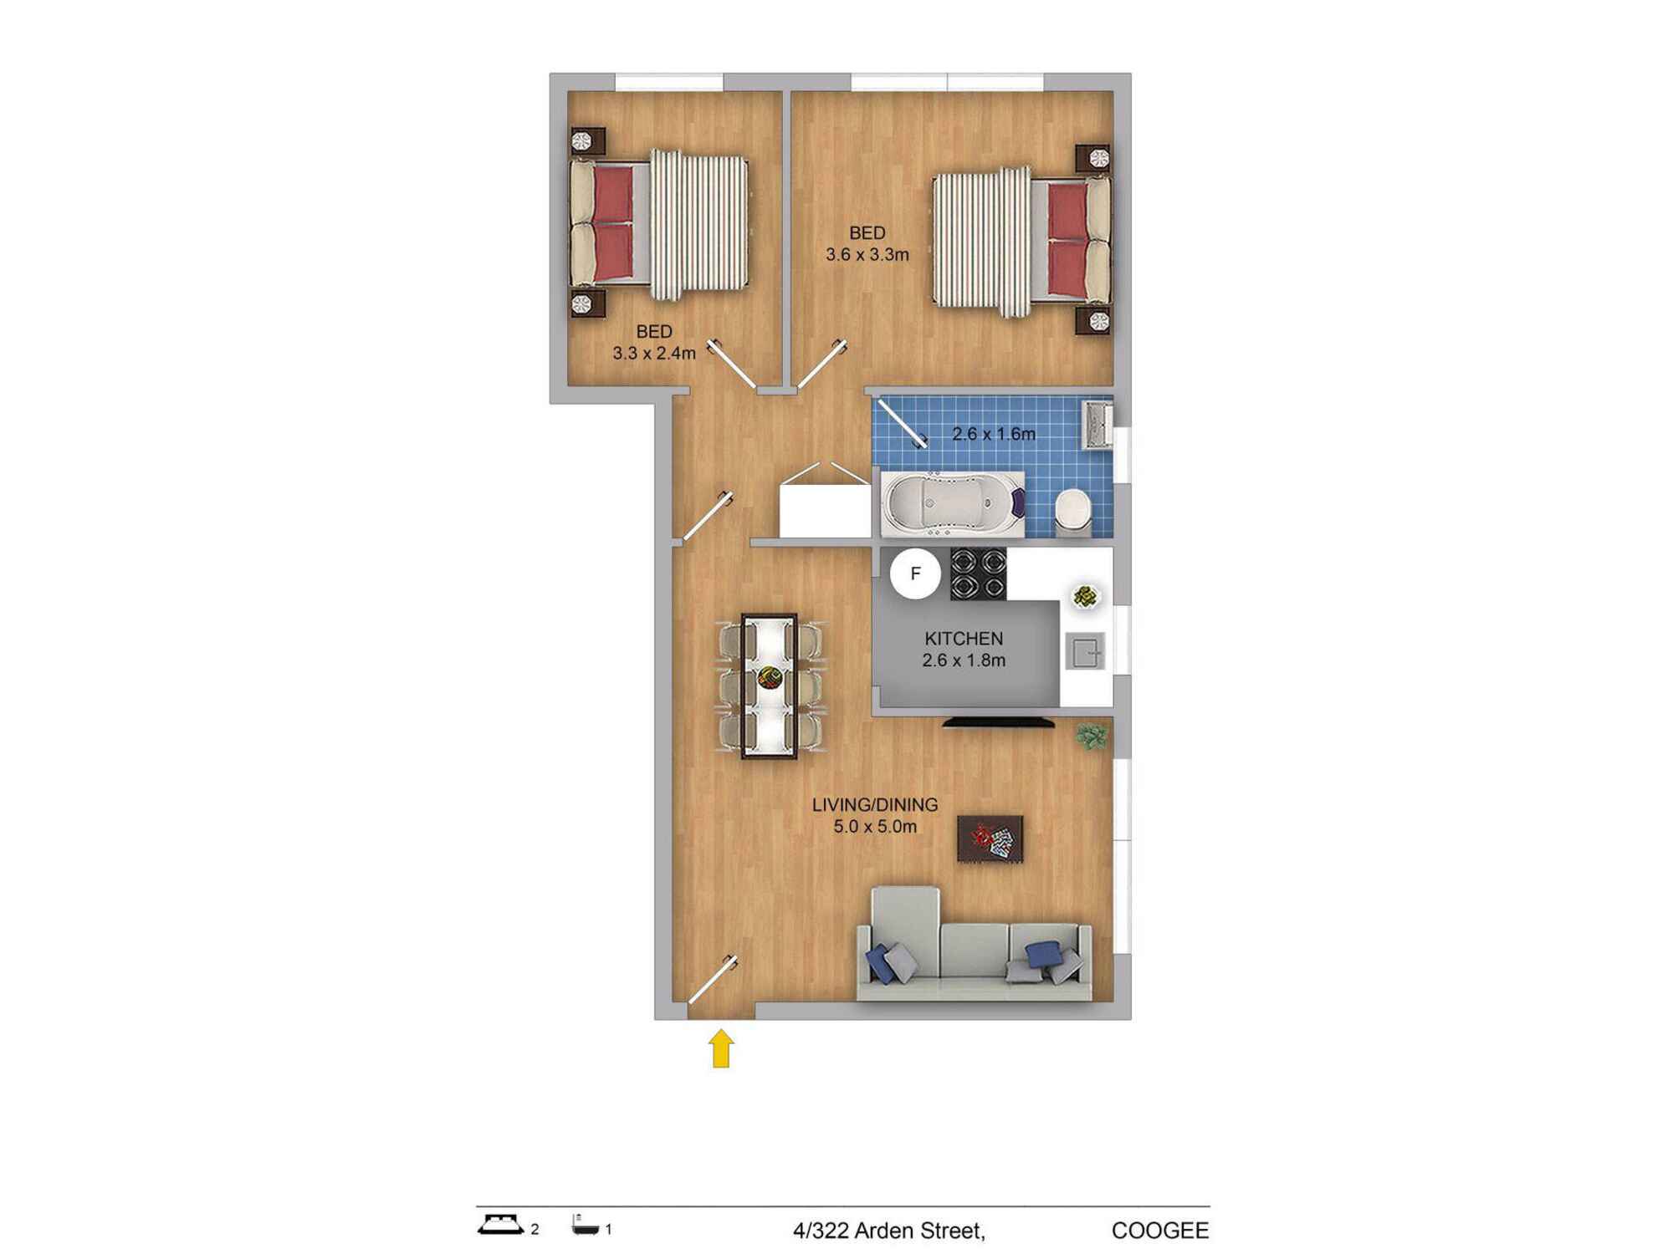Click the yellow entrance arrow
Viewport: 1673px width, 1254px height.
(721, 1048)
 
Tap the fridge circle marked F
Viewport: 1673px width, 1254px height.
(915, 573)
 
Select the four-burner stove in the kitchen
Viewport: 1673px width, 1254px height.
(978, 573)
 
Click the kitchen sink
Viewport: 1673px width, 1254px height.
(1086, 652)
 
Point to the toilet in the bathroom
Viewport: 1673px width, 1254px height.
(1072, 512)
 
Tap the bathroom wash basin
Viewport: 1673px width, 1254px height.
(1097, 426)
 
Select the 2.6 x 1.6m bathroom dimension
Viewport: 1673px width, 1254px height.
(994, 434)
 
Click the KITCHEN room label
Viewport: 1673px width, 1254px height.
(964, 639)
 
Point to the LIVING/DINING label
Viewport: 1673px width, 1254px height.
(875, 804)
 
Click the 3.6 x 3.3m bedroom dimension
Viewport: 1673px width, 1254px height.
(867, 254)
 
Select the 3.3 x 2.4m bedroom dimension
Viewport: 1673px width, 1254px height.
(654, 353)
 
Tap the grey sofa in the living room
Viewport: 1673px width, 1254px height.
(975, 945)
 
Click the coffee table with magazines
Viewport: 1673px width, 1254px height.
(990, 839)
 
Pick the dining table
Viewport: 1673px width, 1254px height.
(770, 686)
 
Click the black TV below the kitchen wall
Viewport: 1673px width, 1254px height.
(998, 721)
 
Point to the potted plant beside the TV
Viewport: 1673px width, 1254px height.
(1092, 737)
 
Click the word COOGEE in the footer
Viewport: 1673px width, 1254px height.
(1160, 1231)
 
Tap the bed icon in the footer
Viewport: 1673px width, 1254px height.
(501, 1225)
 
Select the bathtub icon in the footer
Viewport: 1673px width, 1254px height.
(586, 1226)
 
